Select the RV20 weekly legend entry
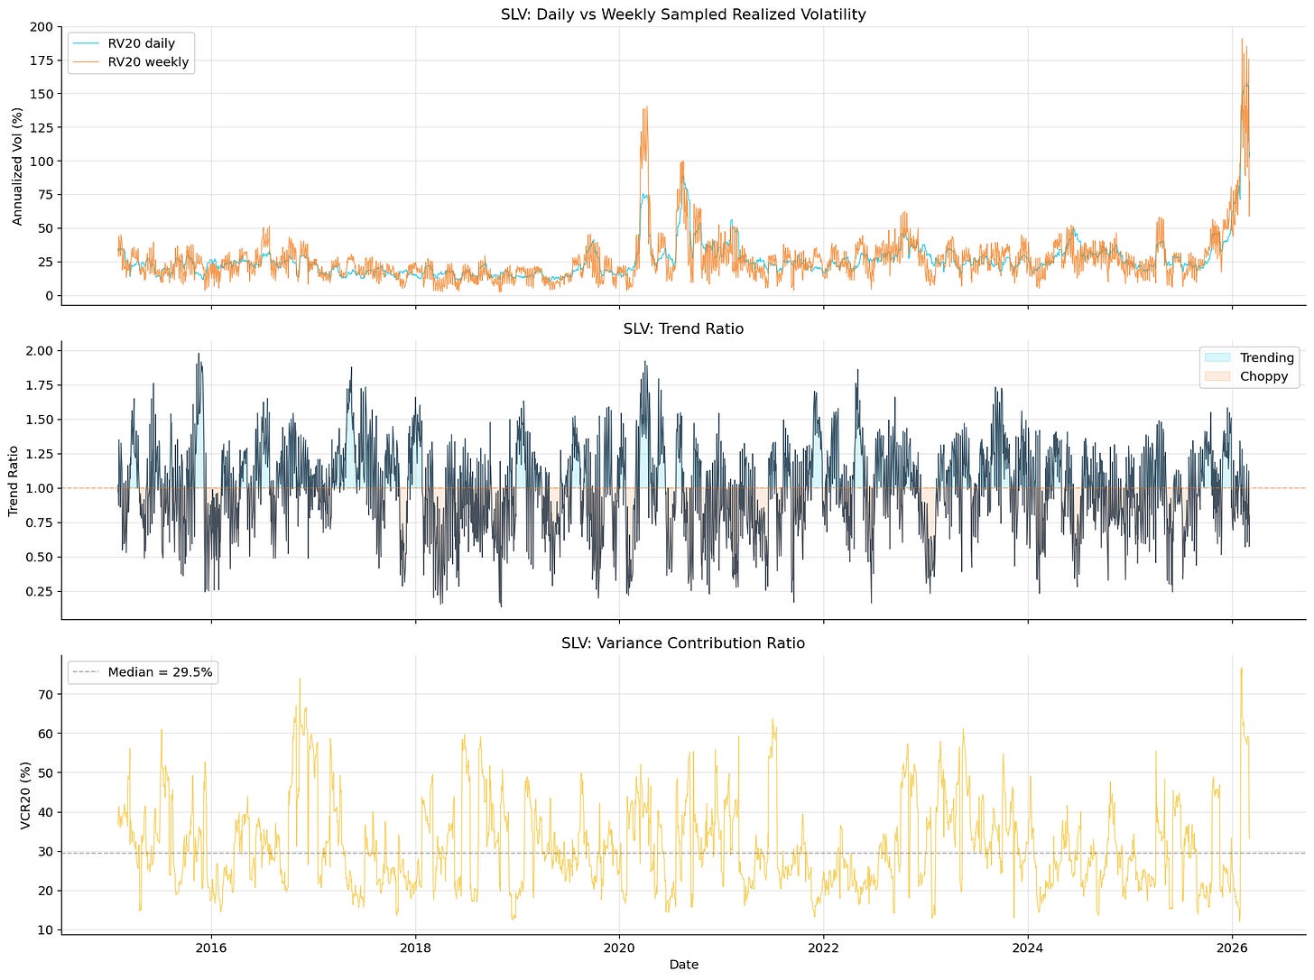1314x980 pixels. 130,61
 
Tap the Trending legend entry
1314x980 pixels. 1249,357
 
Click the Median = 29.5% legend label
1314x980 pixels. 143,672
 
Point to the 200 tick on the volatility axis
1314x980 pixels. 42,27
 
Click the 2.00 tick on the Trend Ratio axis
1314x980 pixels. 39,351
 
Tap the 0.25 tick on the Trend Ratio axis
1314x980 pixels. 39,592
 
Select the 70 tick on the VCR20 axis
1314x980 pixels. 45,695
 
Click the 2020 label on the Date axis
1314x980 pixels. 619,948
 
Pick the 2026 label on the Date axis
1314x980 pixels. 1232,948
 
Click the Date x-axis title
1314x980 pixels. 684,965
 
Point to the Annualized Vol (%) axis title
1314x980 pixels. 17,166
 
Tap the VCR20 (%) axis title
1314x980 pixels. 24,795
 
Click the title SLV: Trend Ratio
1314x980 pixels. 684,328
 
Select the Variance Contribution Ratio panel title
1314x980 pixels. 683,643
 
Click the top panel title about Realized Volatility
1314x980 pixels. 683,14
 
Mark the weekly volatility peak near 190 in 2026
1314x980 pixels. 1242,40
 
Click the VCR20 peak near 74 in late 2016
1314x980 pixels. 300,679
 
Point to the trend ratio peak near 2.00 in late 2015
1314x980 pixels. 199,354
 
